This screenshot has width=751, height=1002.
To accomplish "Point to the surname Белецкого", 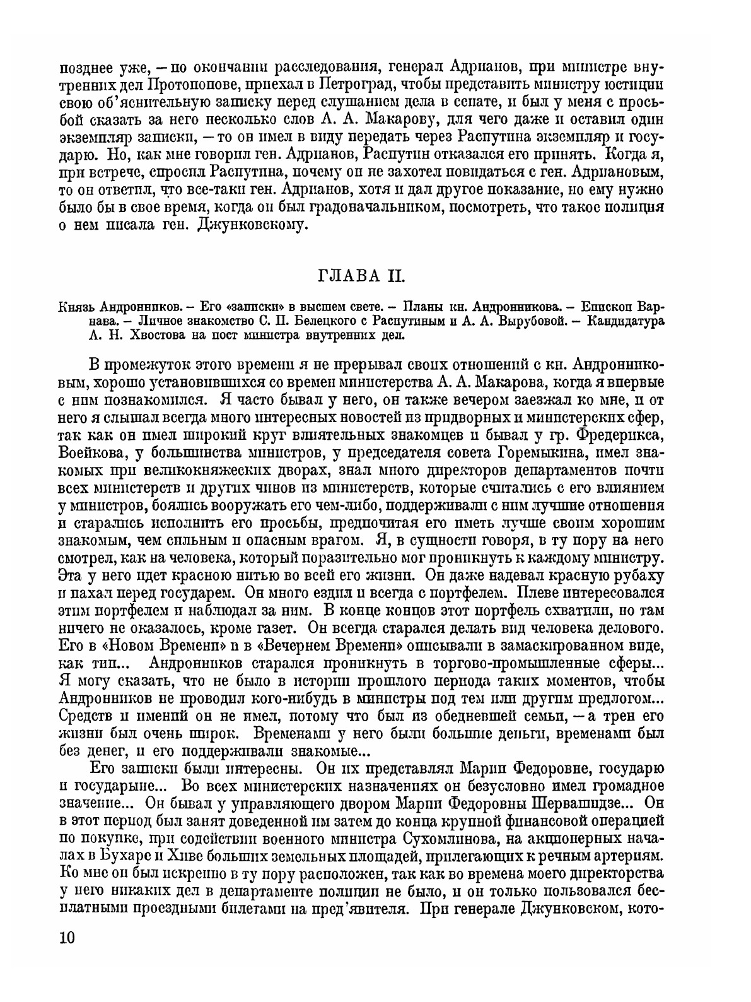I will pyautogui.click(x=292, y=321).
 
